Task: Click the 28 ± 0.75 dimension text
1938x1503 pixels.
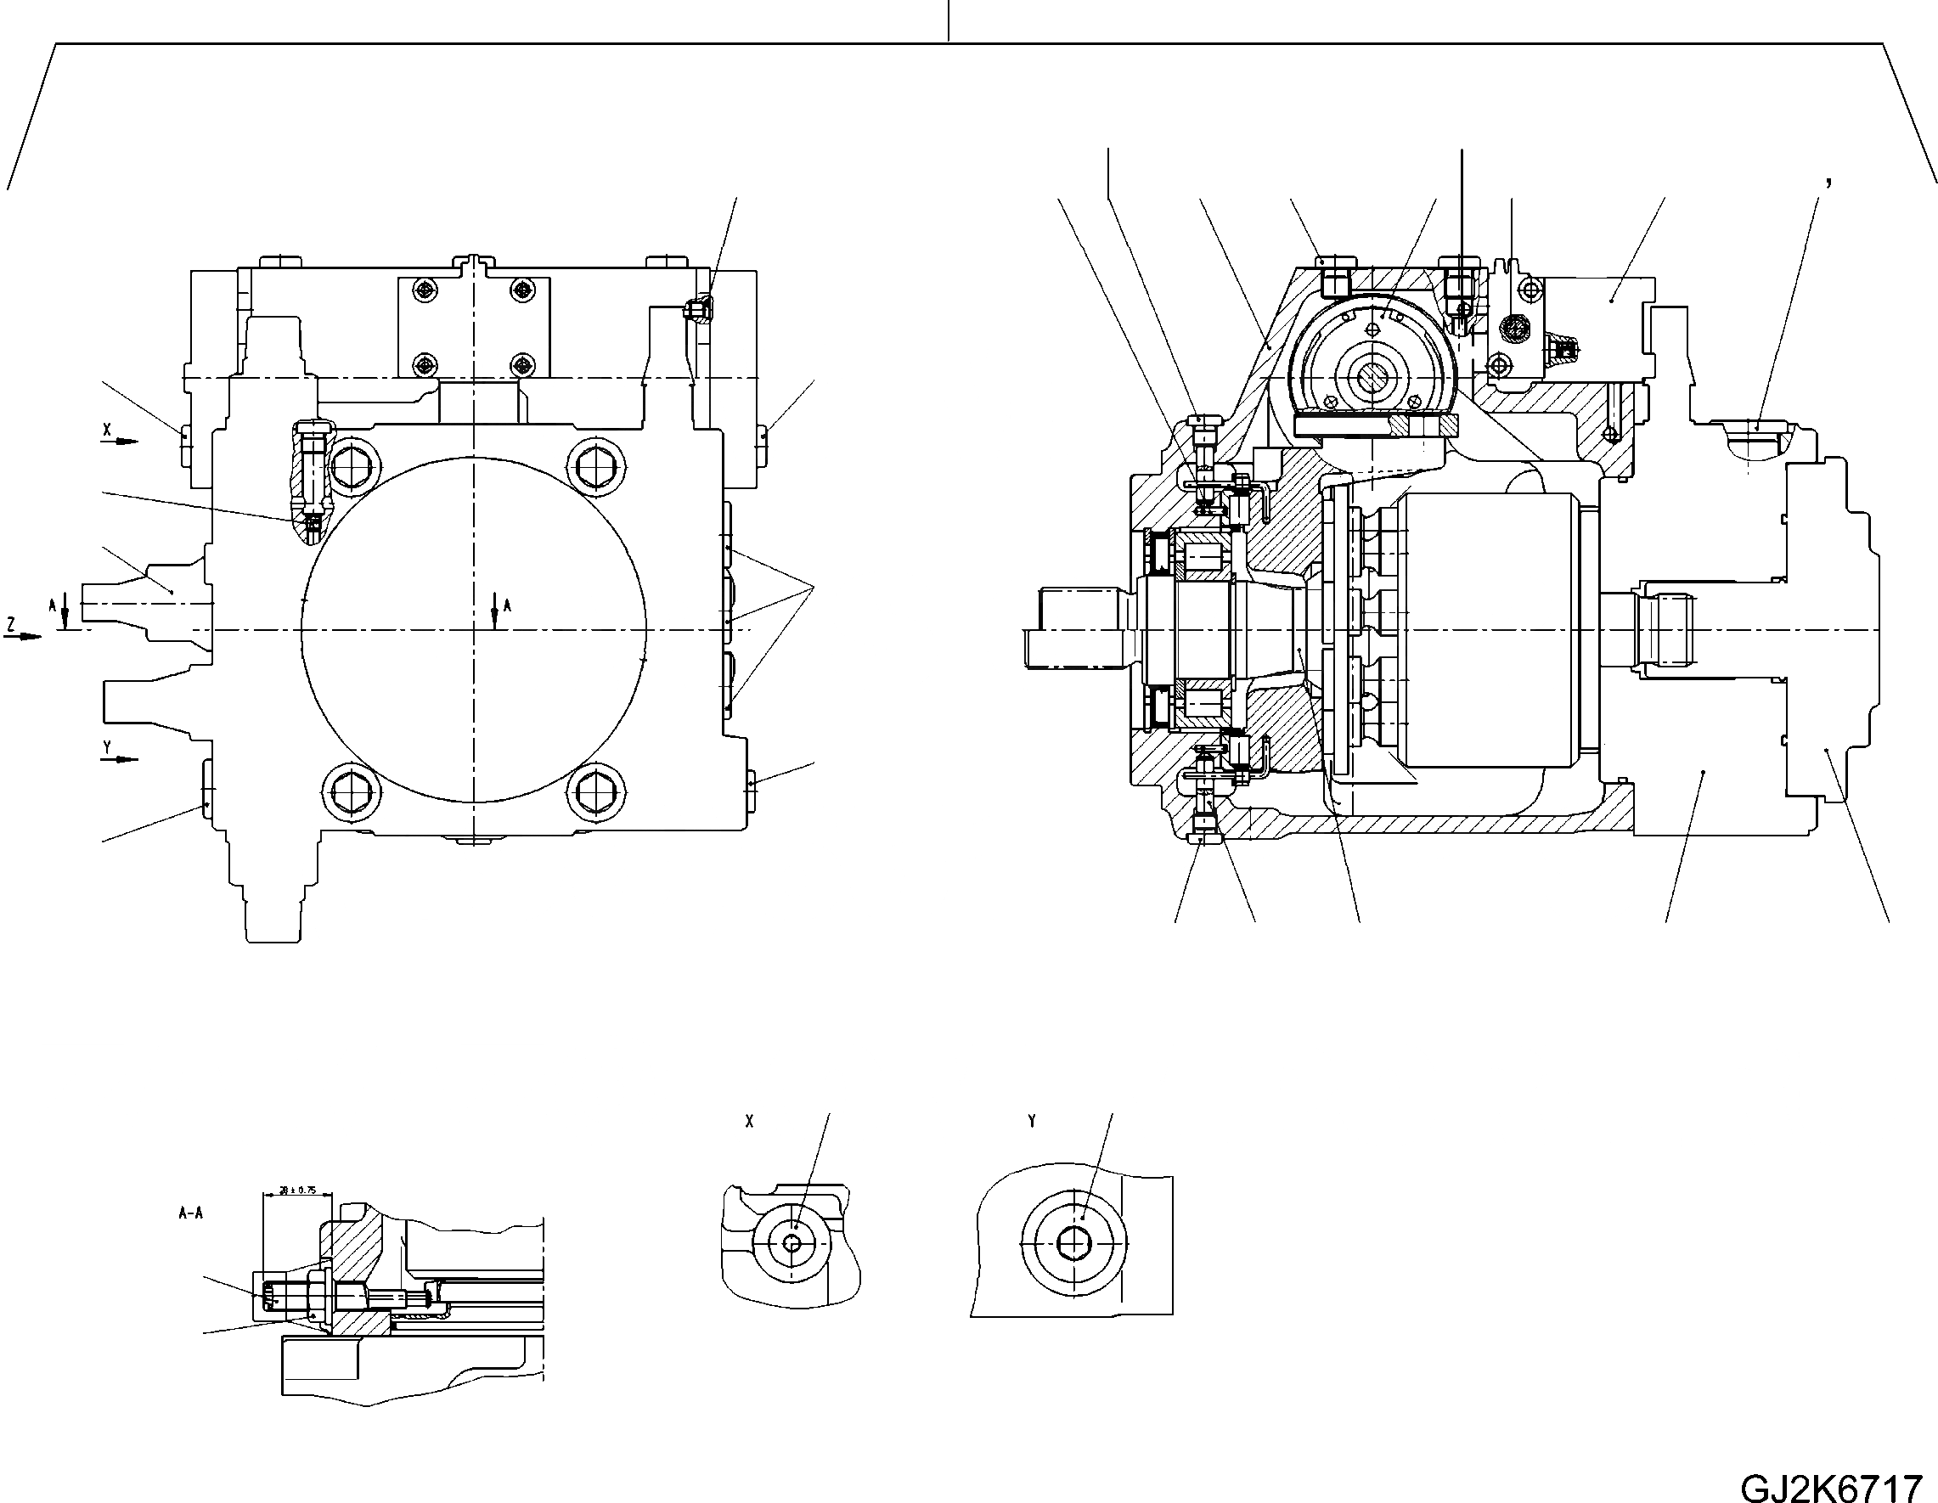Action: click(297, 1191)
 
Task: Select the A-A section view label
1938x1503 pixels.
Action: click(190, 1213)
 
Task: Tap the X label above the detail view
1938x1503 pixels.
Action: click(750, 1122)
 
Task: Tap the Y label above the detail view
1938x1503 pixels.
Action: click(1031, 1122)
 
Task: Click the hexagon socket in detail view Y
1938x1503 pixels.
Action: click(1074, 1245)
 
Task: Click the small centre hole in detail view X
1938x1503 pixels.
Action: click(792, 1243)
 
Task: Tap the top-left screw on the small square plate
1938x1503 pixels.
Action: click(427, 290)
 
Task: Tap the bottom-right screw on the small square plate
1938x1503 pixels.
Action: click(523, 364)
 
